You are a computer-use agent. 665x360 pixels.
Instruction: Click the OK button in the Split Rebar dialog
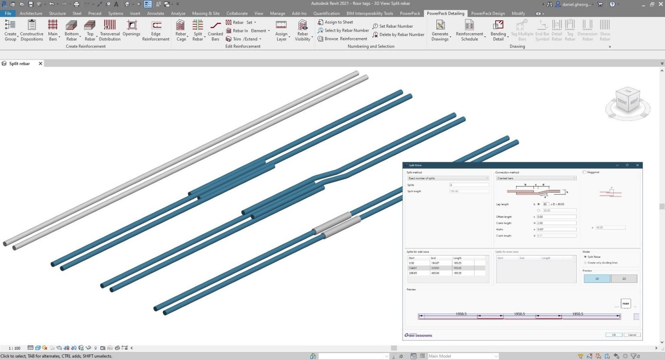(613, 334)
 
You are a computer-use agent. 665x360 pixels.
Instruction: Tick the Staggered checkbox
(584, 172)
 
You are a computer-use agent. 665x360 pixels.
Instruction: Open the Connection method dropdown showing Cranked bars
(536, 178)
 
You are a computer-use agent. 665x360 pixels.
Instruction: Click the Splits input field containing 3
(469, 185)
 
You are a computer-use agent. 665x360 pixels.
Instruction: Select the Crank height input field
(556, 223)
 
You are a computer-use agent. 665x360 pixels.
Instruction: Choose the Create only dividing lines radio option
(585, 263)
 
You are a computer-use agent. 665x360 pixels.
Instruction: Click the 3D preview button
(597, 279)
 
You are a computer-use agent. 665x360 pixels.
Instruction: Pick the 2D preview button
(624, 279)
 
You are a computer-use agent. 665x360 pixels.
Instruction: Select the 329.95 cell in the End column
(435, 268)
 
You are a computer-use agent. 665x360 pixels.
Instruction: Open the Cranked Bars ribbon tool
(215, 30)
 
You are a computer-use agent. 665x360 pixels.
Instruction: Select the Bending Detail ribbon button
(498, 30)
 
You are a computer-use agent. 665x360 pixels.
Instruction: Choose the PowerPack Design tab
(488, 13)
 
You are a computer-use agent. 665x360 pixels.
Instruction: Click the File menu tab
(8, 13)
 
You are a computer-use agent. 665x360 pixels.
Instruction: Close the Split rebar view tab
(40, 64)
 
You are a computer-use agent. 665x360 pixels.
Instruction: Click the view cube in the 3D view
(627, 102)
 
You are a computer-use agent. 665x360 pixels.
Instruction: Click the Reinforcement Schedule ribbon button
(469, 30)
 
